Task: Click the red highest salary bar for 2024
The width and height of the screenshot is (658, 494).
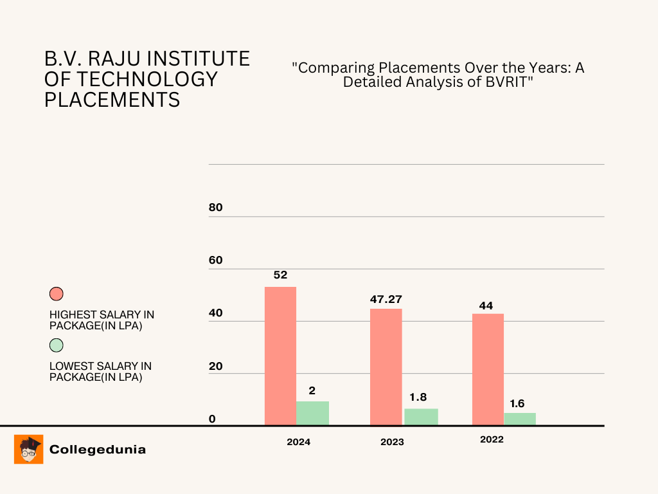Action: tap(281, 356)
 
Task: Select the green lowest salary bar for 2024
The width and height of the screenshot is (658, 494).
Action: tap(312, 413)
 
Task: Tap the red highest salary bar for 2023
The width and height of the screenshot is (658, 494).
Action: tap(386, 367)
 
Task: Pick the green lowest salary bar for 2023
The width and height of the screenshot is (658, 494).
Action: tap(421, 417)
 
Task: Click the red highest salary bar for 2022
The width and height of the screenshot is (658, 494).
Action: tap(488, 369)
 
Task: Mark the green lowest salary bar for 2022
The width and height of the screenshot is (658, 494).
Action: tap(520, 419)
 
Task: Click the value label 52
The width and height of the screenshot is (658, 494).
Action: tap(280, 275)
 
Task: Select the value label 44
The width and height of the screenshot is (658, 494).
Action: tap(486, 306)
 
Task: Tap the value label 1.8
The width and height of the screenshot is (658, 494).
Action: tap(418, 397)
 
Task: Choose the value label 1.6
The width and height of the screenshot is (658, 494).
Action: tap(517, 403)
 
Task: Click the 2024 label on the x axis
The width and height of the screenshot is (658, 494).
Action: tap(298, 442)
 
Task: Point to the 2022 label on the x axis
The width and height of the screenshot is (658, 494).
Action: tap(492, 439)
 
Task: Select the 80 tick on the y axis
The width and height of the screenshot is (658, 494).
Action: tap(216, 208)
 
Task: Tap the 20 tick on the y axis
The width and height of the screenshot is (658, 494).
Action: tap(216, 366)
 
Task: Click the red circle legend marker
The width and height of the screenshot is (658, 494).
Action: tap(57, 294)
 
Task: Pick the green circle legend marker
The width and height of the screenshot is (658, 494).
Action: tap(57, 345)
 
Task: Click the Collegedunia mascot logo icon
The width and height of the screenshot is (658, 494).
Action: tap(28, 449)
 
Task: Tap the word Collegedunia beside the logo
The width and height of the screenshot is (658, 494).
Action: tap(98, 450)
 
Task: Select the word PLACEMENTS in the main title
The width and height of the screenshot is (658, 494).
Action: tap(112, 100)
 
